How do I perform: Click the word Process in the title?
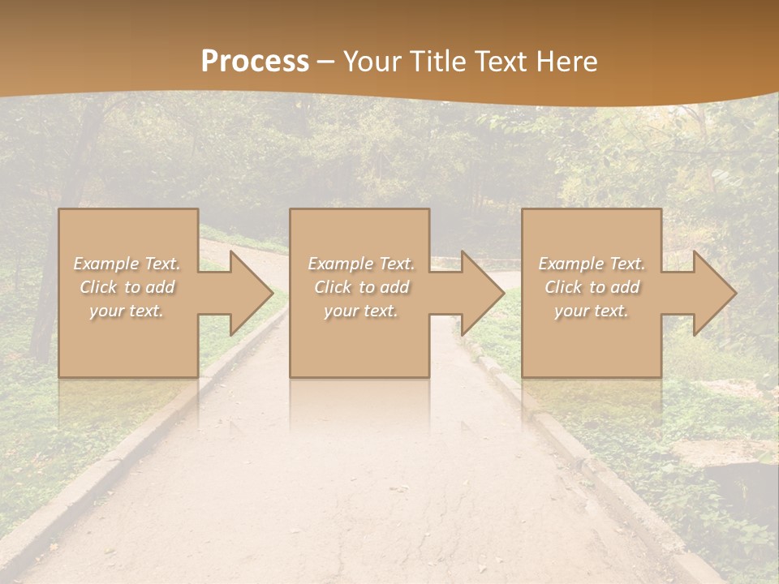pyautogui.click(x=255, y=62)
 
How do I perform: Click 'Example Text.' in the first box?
pyautogui.click(x=127, y=264)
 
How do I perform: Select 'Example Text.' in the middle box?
pyautogui.click(x=361, y=264)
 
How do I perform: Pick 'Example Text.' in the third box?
pyautogui.click(x=592, y=264)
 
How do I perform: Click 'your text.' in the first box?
pyautogui.click(x=127, y=311)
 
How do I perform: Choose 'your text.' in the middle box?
pyautogui.click(x=360, y=311)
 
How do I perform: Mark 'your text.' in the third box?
pyautogui.click(x=591, y=311)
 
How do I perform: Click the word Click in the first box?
pyautogui.click(x=99, y=287)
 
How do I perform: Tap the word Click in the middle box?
pyautogui.click(x=333, y=287)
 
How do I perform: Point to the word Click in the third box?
pyautogui.click(x=563, y=287)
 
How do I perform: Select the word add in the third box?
pyautogui.click(x=623, y=287)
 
